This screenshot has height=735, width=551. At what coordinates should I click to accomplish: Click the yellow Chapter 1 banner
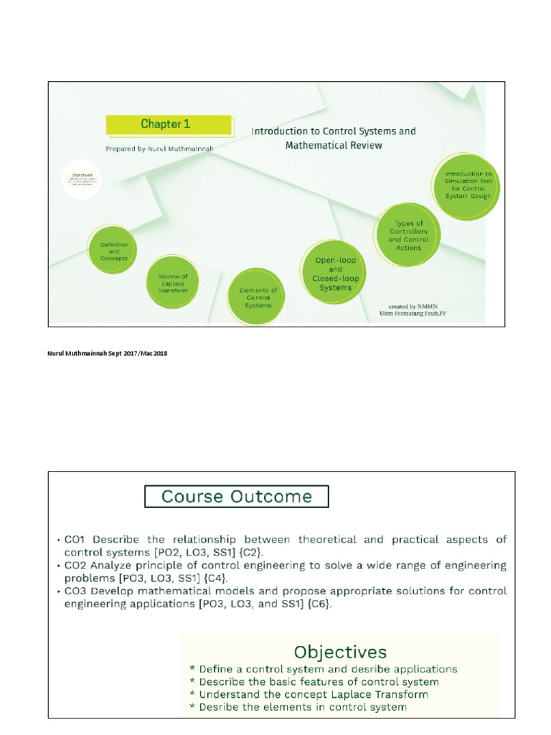169,124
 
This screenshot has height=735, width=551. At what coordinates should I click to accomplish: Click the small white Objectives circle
81,179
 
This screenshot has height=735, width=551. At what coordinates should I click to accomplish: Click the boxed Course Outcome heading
237,497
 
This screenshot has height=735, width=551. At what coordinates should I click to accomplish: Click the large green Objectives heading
340,652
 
